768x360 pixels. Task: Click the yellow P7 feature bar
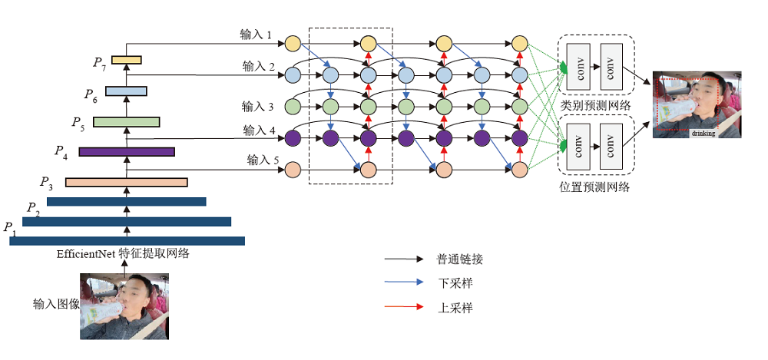[x=127, y=60]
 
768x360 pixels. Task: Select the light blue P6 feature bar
[x=126, y=91]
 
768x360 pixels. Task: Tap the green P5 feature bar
[x=126, y=121]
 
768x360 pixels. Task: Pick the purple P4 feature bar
[x=126, y=151]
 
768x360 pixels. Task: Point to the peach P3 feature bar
[x=126, y=182]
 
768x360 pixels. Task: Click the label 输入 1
[x=257, y=35]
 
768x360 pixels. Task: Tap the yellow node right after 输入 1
[x=292, y=43]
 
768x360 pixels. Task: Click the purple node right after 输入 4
[x=292, y=139]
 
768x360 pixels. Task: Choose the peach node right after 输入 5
[x=292, y=169]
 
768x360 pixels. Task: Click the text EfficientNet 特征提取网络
[x=123, y=254]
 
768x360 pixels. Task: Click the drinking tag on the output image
[x=703, y=133]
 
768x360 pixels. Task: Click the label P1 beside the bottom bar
[x=9, y=227]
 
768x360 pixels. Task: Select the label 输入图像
[x=56, y=303]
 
